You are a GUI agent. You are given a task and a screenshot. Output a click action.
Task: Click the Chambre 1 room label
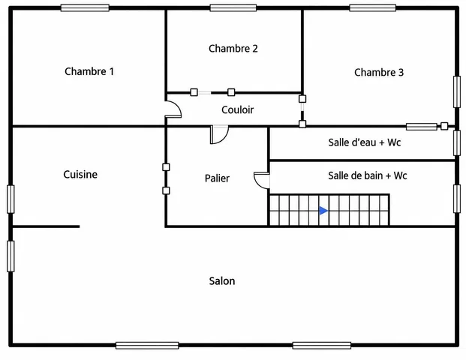[89, 71]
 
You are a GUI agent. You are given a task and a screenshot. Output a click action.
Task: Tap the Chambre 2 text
[233, 49]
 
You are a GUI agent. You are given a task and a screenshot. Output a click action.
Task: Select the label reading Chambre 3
[379, 72]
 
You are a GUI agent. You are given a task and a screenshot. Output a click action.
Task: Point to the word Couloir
[237, 110]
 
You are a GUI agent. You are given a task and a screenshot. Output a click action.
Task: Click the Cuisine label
[80, 174]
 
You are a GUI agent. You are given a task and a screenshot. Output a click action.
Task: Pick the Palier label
[217, 178]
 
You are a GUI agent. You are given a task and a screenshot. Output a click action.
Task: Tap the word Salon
[222, 281]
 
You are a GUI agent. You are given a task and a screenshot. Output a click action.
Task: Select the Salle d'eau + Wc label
[365, 142]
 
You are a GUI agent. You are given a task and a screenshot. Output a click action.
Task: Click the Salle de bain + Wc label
[368, 175]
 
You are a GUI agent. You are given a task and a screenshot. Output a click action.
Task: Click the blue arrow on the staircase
[323, 211]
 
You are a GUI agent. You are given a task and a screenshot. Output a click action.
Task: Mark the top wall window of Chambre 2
[233, 7]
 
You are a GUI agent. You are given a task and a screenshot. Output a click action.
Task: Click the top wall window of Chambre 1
[85, 7]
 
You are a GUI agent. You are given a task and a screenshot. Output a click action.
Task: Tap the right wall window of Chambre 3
[457, 91]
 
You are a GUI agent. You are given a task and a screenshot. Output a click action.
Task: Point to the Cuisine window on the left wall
[11, 199]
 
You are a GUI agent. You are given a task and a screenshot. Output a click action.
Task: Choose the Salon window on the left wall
[11, 256]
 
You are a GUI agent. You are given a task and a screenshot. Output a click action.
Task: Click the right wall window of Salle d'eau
[457, 142]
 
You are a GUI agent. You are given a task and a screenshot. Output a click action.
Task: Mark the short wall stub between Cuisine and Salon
[46, 226]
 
